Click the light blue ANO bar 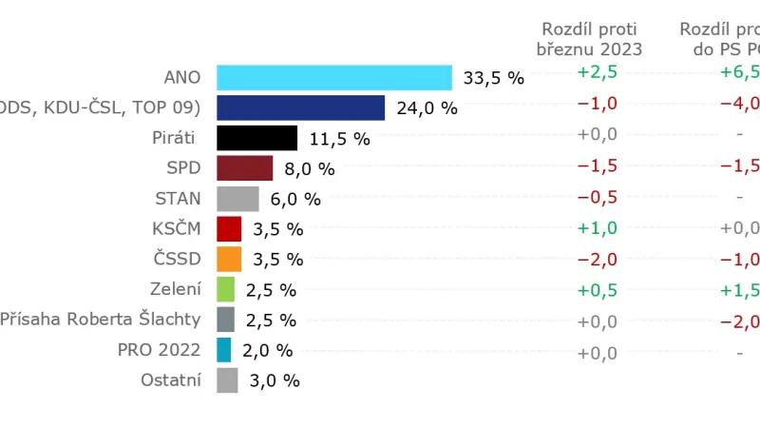pyautogui.click(x=334, y=77)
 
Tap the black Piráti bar pyautogui.click(x=256, y=138)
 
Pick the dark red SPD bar pyautogui.click(x=244, y=168)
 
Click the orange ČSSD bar pyautogui.click(x=229, y=259)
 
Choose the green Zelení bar pyautogui.click(x=225, y=289)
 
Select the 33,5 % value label pyautogui.click(x=493, y=78)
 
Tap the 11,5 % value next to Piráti pyautogui.click(x=339, y=139)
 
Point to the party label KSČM pyautogui.click(x=177, y=228)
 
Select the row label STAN pyautogui.click(x=178, y=198)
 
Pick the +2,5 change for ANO pyautogui.click(x=597, y=73)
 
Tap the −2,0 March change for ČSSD pyautogui.click(x=597, y=260)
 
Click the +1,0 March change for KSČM pyautogui.click(x=597, y=228)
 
